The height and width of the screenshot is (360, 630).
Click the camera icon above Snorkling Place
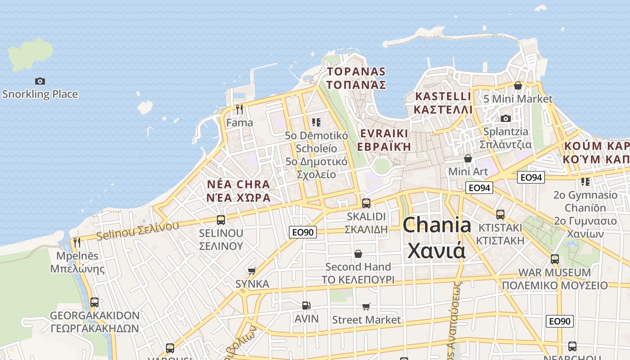pos(40,81)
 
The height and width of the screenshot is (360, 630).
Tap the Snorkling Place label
pos(40,94)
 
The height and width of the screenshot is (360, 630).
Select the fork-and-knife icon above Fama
pos(239,109)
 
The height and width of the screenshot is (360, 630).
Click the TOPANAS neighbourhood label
pos(356,78)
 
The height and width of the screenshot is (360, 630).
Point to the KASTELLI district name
pos(443,103)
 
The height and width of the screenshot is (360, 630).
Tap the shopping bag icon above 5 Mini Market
pos(518,85)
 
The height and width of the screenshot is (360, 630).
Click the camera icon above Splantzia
pos(506,118)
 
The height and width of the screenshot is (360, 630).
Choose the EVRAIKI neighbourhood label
pos(384,139)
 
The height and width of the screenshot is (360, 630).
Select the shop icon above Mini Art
pos(468,158)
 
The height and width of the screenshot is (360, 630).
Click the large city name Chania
pos(436,238)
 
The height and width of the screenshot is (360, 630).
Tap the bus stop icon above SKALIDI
pos(366,203)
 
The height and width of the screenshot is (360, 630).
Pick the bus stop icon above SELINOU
pos(221,220)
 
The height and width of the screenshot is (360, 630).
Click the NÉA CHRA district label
pos(238,191)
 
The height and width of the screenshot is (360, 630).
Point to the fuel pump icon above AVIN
pos(306,305)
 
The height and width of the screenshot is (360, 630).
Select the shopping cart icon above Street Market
pos(366,306)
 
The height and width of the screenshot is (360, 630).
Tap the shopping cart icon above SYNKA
pos(252,270)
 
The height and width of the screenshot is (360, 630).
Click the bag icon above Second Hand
pos(358,254)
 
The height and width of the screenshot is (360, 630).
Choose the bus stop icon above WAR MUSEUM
pos(555,259)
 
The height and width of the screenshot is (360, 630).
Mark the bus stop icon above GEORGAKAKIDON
pos(94,302)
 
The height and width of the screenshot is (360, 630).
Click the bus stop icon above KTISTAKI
pos(500,214)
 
